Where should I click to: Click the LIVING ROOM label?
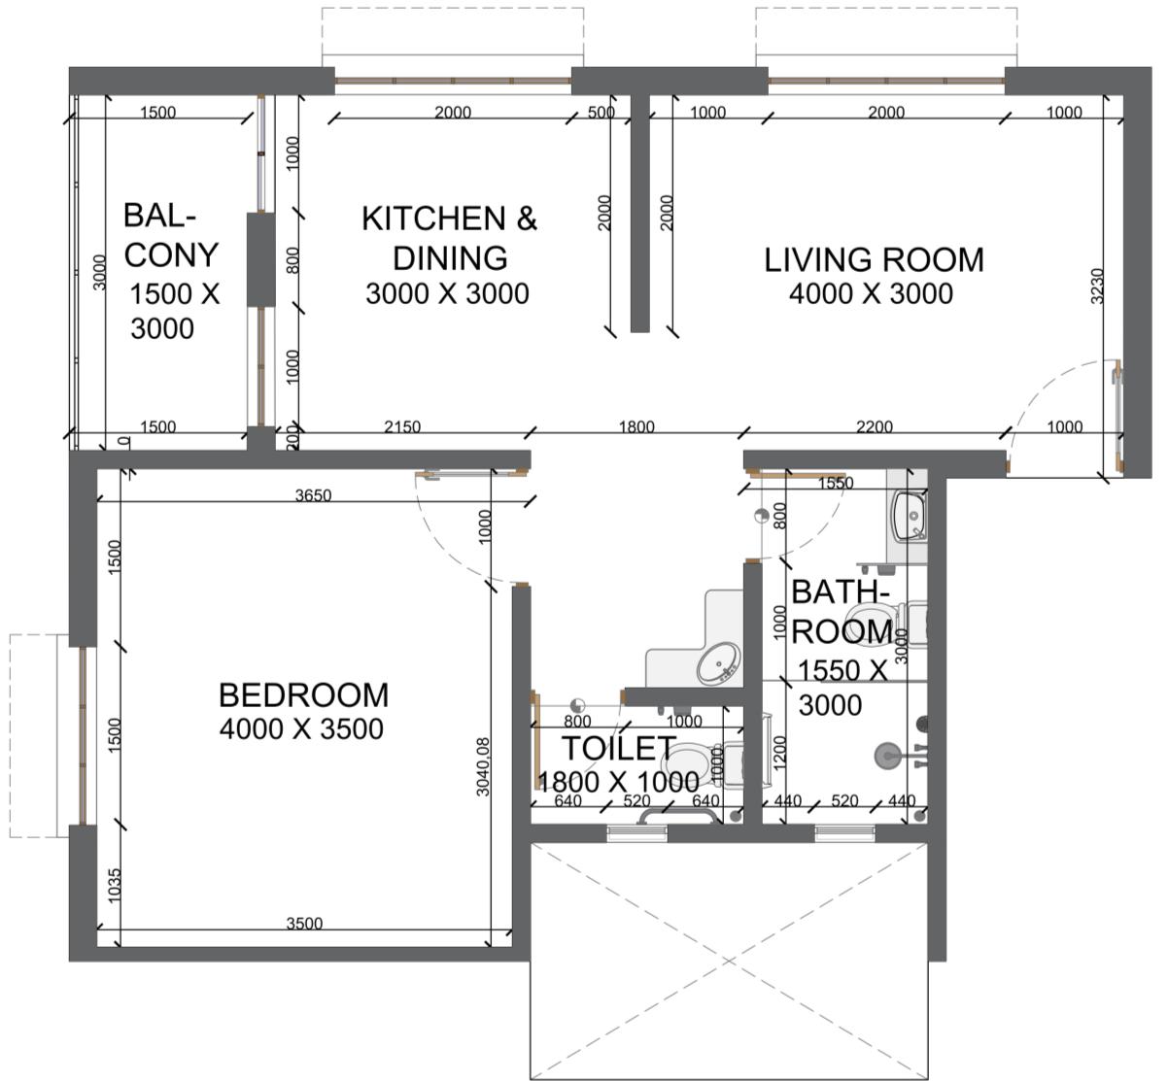[x=874, y=260]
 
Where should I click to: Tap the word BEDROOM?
[x=303, y=695]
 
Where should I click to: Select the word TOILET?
[x=618, y=748]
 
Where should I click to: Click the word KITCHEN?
[x=433, y=219]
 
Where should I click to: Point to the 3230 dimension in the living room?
[x=1097, y=287]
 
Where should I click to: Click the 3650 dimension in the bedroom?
[x=313, y=495]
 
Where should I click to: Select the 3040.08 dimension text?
[x=483, y=767]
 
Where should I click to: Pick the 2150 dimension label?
[x=402, y=427]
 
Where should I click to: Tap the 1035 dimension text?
[x=115, y=885]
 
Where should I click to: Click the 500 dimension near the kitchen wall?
[x=601, y=113]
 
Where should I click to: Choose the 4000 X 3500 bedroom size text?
[x=301, y=729]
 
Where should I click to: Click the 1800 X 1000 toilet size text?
[x=619, y=782]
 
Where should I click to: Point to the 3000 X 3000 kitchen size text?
[x=447, y=294]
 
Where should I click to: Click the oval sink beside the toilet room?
[x=719, y=663]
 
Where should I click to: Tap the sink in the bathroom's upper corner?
[x=910, y=517]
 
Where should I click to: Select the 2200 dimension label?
[x=874, y=427]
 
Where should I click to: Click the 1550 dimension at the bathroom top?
[x=836, y=484]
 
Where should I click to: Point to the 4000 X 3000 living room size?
[x=871, y=294]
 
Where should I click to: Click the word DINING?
[x=450, y=258]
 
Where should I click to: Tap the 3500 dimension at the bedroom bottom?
[x=304, y=924]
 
